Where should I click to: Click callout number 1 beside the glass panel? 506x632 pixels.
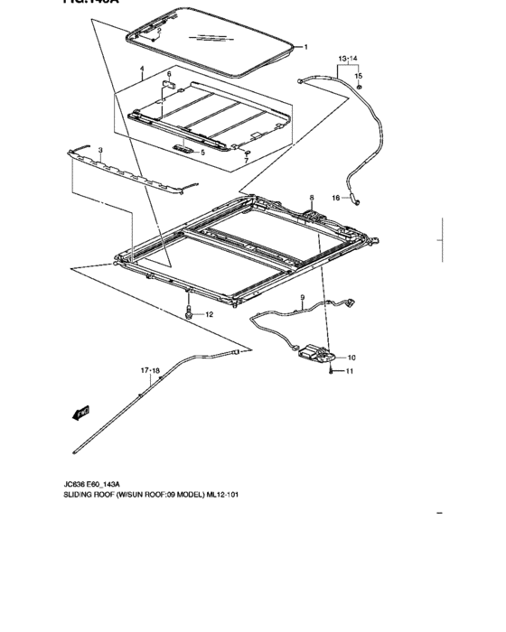point(305,47)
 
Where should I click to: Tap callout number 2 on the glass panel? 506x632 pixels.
point(157,32)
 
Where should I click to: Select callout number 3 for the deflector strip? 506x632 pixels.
point(100,150)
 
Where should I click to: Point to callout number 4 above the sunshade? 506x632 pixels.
point(142,70)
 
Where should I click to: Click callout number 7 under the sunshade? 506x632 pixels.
point(245,161)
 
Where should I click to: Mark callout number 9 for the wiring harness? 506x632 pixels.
point(303,298)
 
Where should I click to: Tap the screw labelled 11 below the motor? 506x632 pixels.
point(333,371)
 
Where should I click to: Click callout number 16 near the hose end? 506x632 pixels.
point(334,198)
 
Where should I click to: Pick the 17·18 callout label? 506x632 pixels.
point(150,371)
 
